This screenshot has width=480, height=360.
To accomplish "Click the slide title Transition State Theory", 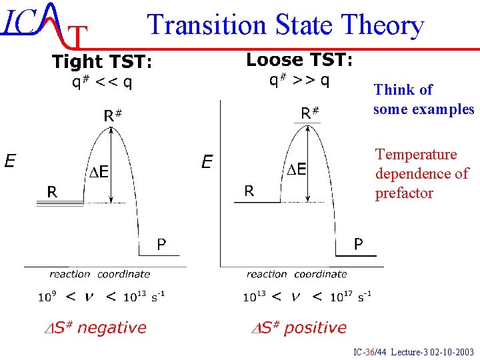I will pos(285,25).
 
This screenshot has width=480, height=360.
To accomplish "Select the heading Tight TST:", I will pos(103,62).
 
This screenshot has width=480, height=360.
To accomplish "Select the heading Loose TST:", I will pos(299,60).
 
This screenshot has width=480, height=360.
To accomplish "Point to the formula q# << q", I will pos(102,83).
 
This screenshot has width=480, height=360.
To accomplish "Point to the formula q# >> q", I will pos(299,81).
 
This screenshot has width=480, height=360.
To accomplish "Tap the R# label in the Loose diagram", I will pos(310,113).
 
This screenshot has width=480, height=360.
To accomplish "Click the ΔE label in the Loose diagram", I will pos(296,169).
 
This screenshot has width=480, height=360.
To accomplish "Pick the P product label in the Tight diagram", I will pos(161,244).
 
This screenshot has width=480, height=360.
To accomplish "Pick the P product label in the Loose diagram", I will pos(358,244).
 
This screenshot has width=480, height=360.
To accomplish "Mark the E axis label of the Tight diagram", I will pos(11,161).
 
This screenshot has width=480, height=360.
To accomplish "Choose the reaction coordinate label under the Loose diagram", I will pos(297,274).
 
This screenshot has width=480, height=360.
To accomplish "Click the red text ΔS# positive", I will pos(298,327).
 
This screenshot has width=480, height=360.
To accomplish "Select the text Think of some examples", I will pos(423,99).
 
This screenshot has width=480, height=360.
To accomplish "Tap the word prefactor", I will pos(404,193).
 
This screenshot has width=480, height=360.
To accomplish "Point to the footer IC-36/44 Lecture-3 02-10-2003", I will pos(414,351).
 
